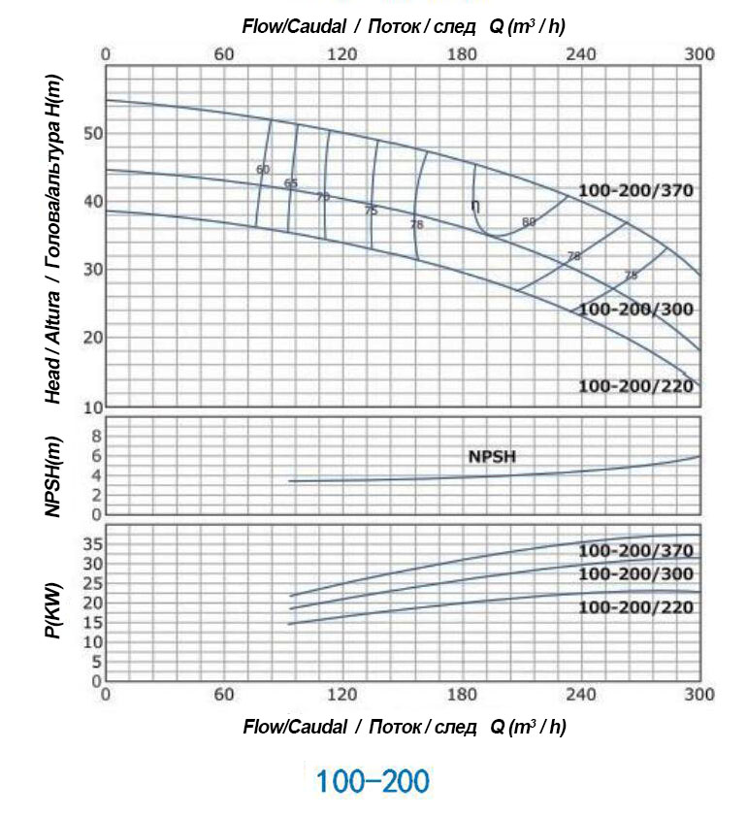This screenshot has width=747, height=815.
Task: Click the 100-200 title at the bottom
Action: tap(373, 781)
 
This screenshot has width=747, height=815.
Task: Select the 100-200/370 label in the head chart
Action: tap(635, 190)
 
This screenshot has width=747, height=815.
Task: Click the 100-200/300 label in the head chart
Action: tap(635, 310)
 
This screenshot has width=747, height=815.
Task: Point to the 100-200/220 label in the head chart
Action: tap(635, 386)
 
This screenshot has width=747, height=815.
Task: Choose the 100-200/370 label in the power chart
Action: tap(635, 551)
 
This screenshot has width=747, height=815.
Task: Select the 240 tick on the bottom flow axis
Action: tap(580, 695)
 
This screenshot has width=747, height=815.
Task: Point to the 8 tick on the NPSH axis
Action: tap(96, 437)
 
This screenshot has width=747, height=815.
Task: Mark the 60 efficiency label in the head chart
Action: tap(263, 170)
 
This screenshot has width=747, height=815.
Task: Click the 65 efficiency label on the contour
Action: tap(291, 183)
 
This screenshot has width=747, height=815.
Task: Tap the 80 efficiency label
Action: tap(529, 222)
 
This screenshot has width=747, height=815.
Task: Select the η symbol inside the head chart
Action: tap(475, 206)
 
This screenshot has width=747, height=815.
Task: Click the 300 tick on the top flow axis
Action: tap(699, 54)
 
